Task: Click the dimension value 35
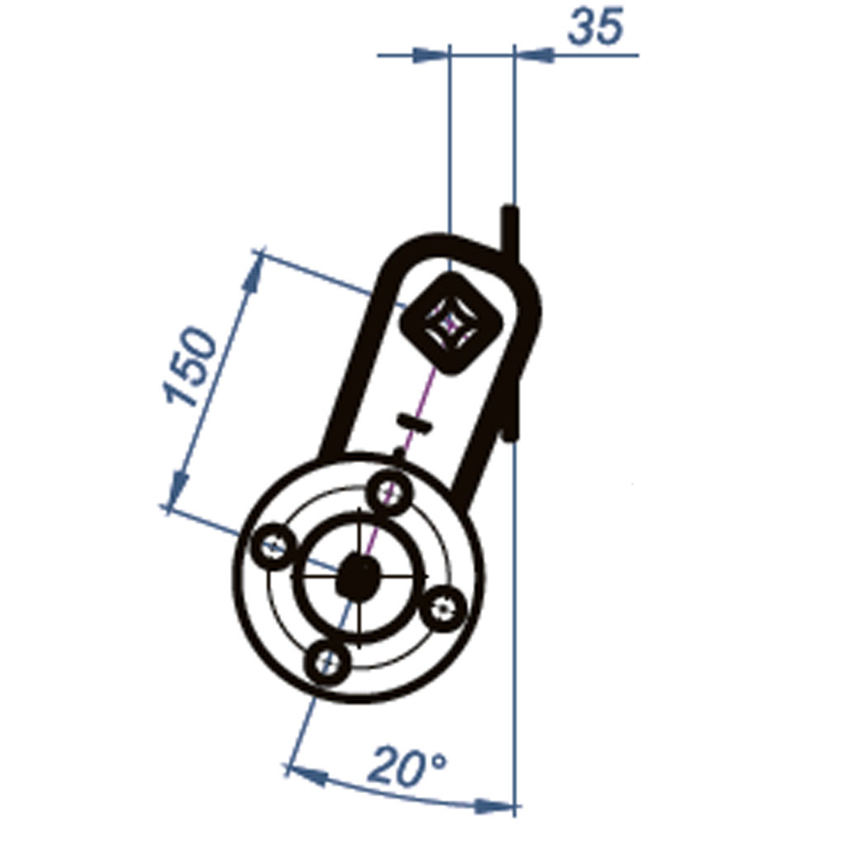click(596, 28)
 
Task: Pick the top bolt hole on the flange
click(389, 493)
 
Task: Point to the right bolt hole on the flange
click(443, 609)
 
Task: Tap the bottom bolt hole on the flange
click(328, 660)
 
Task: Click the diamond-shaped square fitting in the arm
click(450, 323)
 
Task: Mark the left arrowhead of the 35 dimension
click(432, 55)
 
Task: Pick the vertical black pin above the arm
click(509, 229)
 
